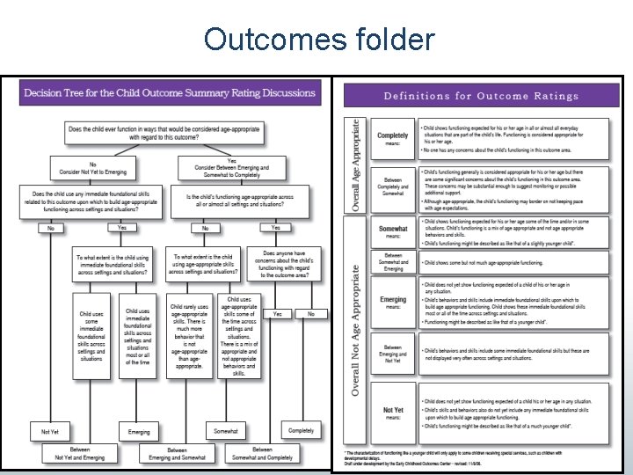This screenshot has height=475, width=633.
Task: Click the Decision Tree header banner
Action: point(169,93)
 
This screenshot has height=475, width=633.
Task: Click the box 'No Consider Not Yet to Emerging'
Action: point(92,167)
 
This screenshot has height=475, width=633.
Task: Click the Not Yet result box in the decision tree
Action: point(50,432)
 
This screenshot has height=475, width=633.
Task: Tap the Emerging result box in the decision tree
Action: point(139,432)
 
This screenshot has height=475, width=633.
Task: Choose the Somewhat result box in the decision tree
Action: point(226,431)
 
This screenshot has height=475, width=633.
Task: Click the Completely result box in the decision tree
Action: point(301,430)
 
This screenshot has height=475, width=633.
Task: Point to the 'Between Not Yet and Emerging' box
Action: point(80,453)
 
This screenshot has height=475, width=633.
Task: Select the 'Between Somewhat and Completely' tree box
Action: point(262,453)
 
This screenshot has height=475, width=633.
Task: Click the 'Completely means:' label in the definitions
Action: point(393,140)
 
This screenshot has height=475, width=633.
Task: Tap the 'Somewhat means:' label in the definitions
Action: point(393,232)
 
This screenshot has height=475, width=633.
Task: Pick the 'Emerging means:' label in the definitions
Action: point(393,303)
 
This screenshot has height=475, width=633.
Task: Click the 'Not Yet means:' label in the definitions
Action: point(393,413)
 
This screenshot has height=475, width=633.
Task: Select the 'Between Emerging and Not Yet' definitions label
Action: point(393,355)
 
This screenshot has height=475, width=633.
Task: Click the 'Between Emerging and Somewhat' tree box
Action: point(176,453)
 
